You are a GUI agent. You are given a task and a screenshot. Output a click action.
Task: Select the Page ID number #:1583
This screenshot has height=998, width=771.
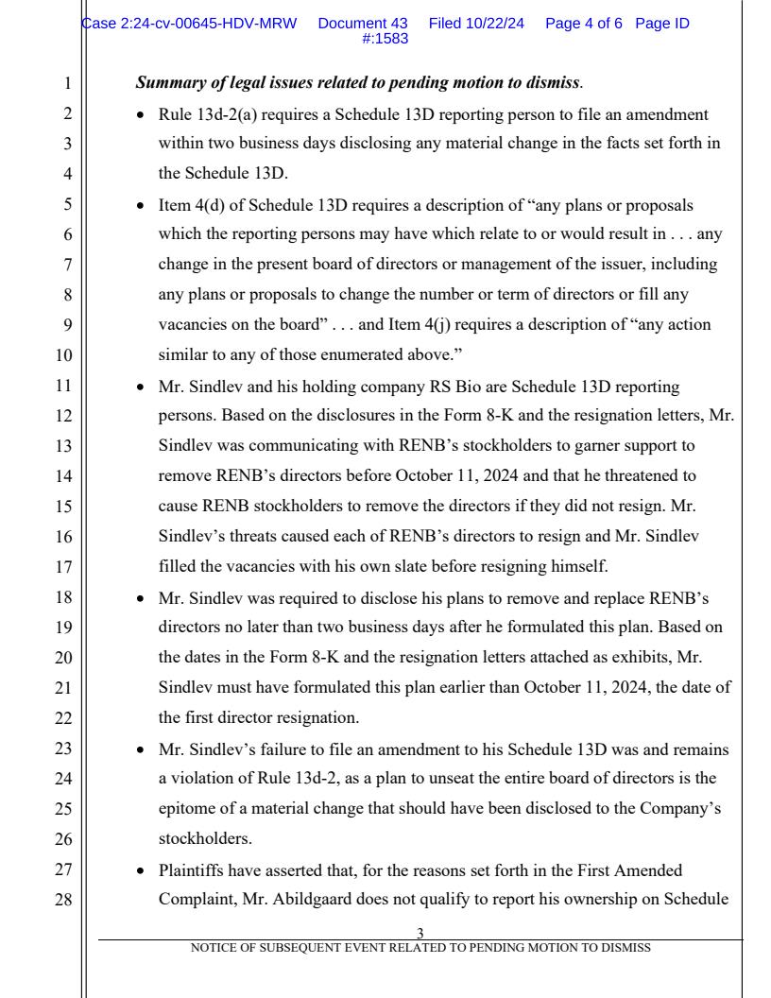click(x=385, y=38)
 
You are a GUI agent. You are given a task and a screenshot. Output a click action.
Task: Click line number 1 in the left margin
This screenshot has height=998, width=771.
click(x=66, y=82)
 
